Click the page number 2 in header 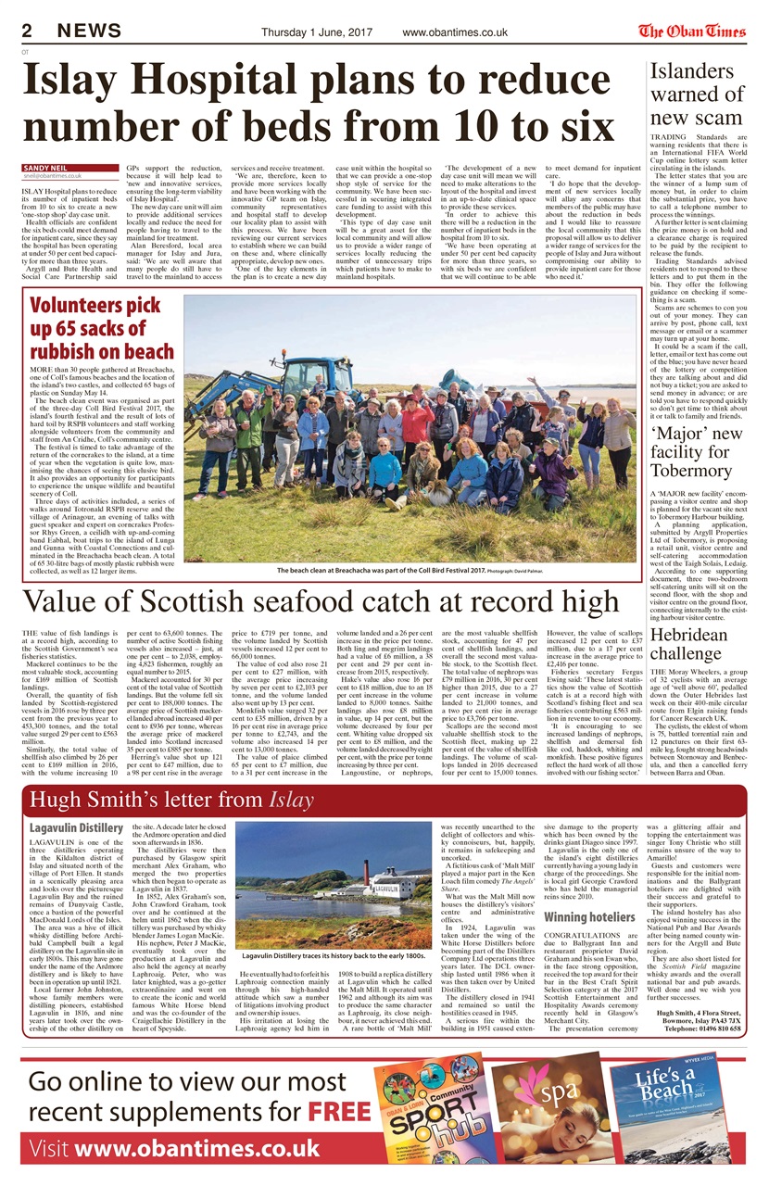[x=29, y=32]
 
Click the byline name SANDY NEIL [x=45, y=167]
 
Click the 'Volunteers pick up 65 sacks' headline [x=101, y=327]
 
